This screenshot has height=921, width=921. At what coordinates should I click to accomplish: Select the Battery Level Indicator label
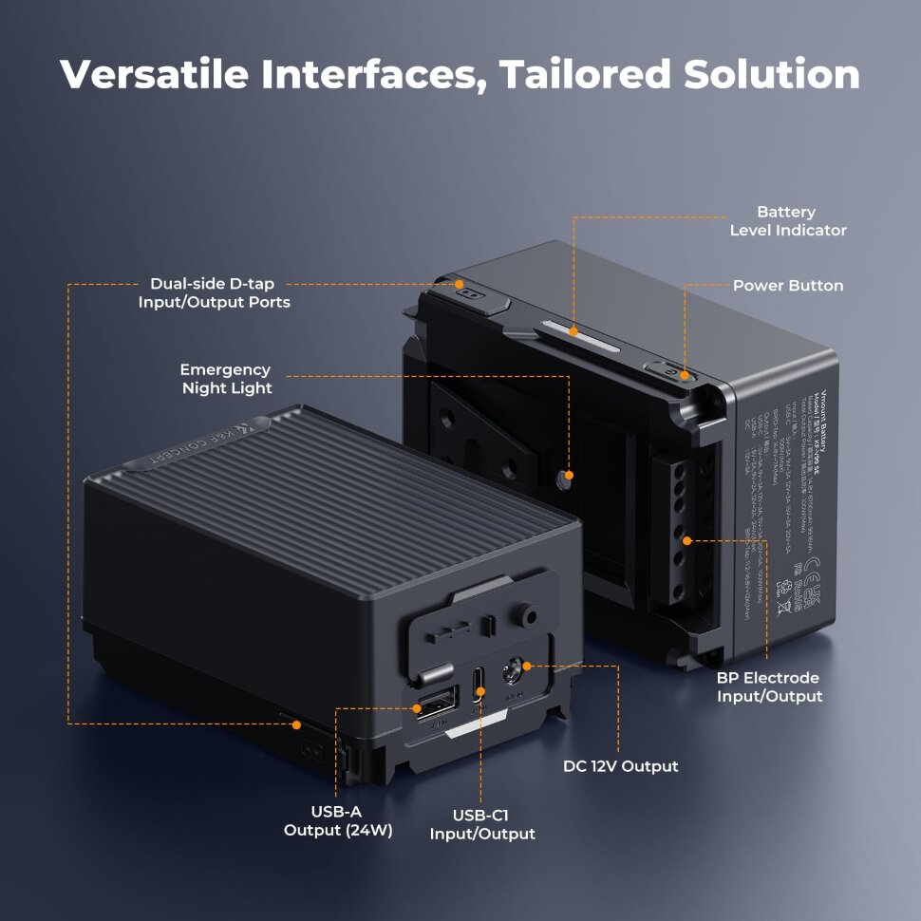pyautogui.click(x=787, y=221)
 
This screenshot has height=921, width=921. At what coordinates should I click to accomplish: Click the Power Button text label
pyautogui.click(x=787, y=286)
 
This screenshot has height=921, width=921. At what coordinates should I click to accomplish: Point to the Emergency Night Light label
pyautogui.click(x=226, y=379)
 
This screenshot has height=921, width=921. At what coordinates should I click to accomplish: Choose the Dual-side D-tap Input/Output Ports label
pyautogui.click(x=215, y=293)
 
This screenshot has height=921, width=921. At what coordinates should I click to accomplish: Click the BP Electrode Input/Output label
pyautogui.click(x=768, y=687)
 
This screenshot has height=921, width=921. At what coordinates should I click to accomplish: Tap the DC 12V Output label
pyautogui.click(x=621, y=765)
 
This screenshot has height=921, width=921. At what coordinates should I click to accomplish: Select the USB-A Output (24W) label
pyautogui.click(x=337, y=821)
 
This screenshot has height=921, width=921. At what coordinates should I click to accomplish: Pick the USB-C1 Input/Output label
pyautogui.click(x=482, y=824)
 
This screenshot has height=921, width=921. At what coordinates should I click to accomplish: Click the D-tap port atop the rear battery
pyautogui.click(x=465, y=293)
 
